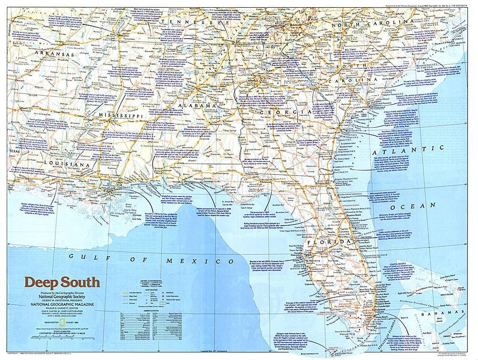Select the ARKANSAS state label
[x=53, y=55]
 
